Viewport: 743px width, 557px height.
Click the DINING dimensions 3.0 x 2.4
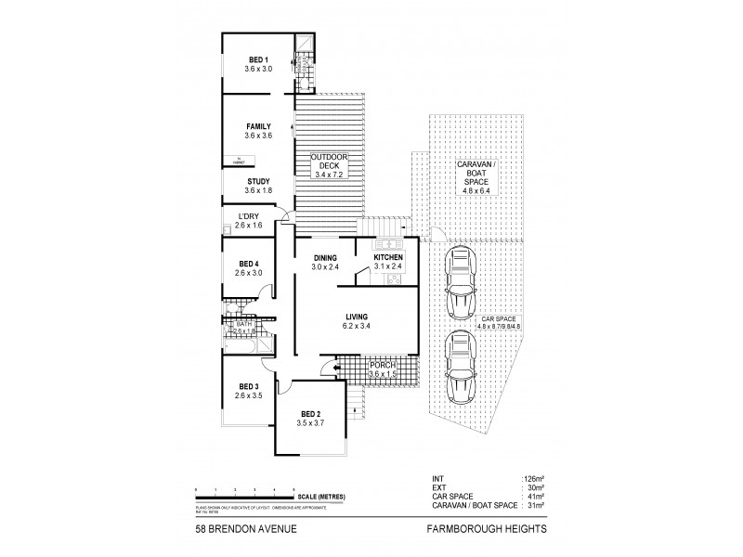pos(325,268)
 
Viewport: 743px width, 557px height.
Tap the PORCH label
pos(383,366)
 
